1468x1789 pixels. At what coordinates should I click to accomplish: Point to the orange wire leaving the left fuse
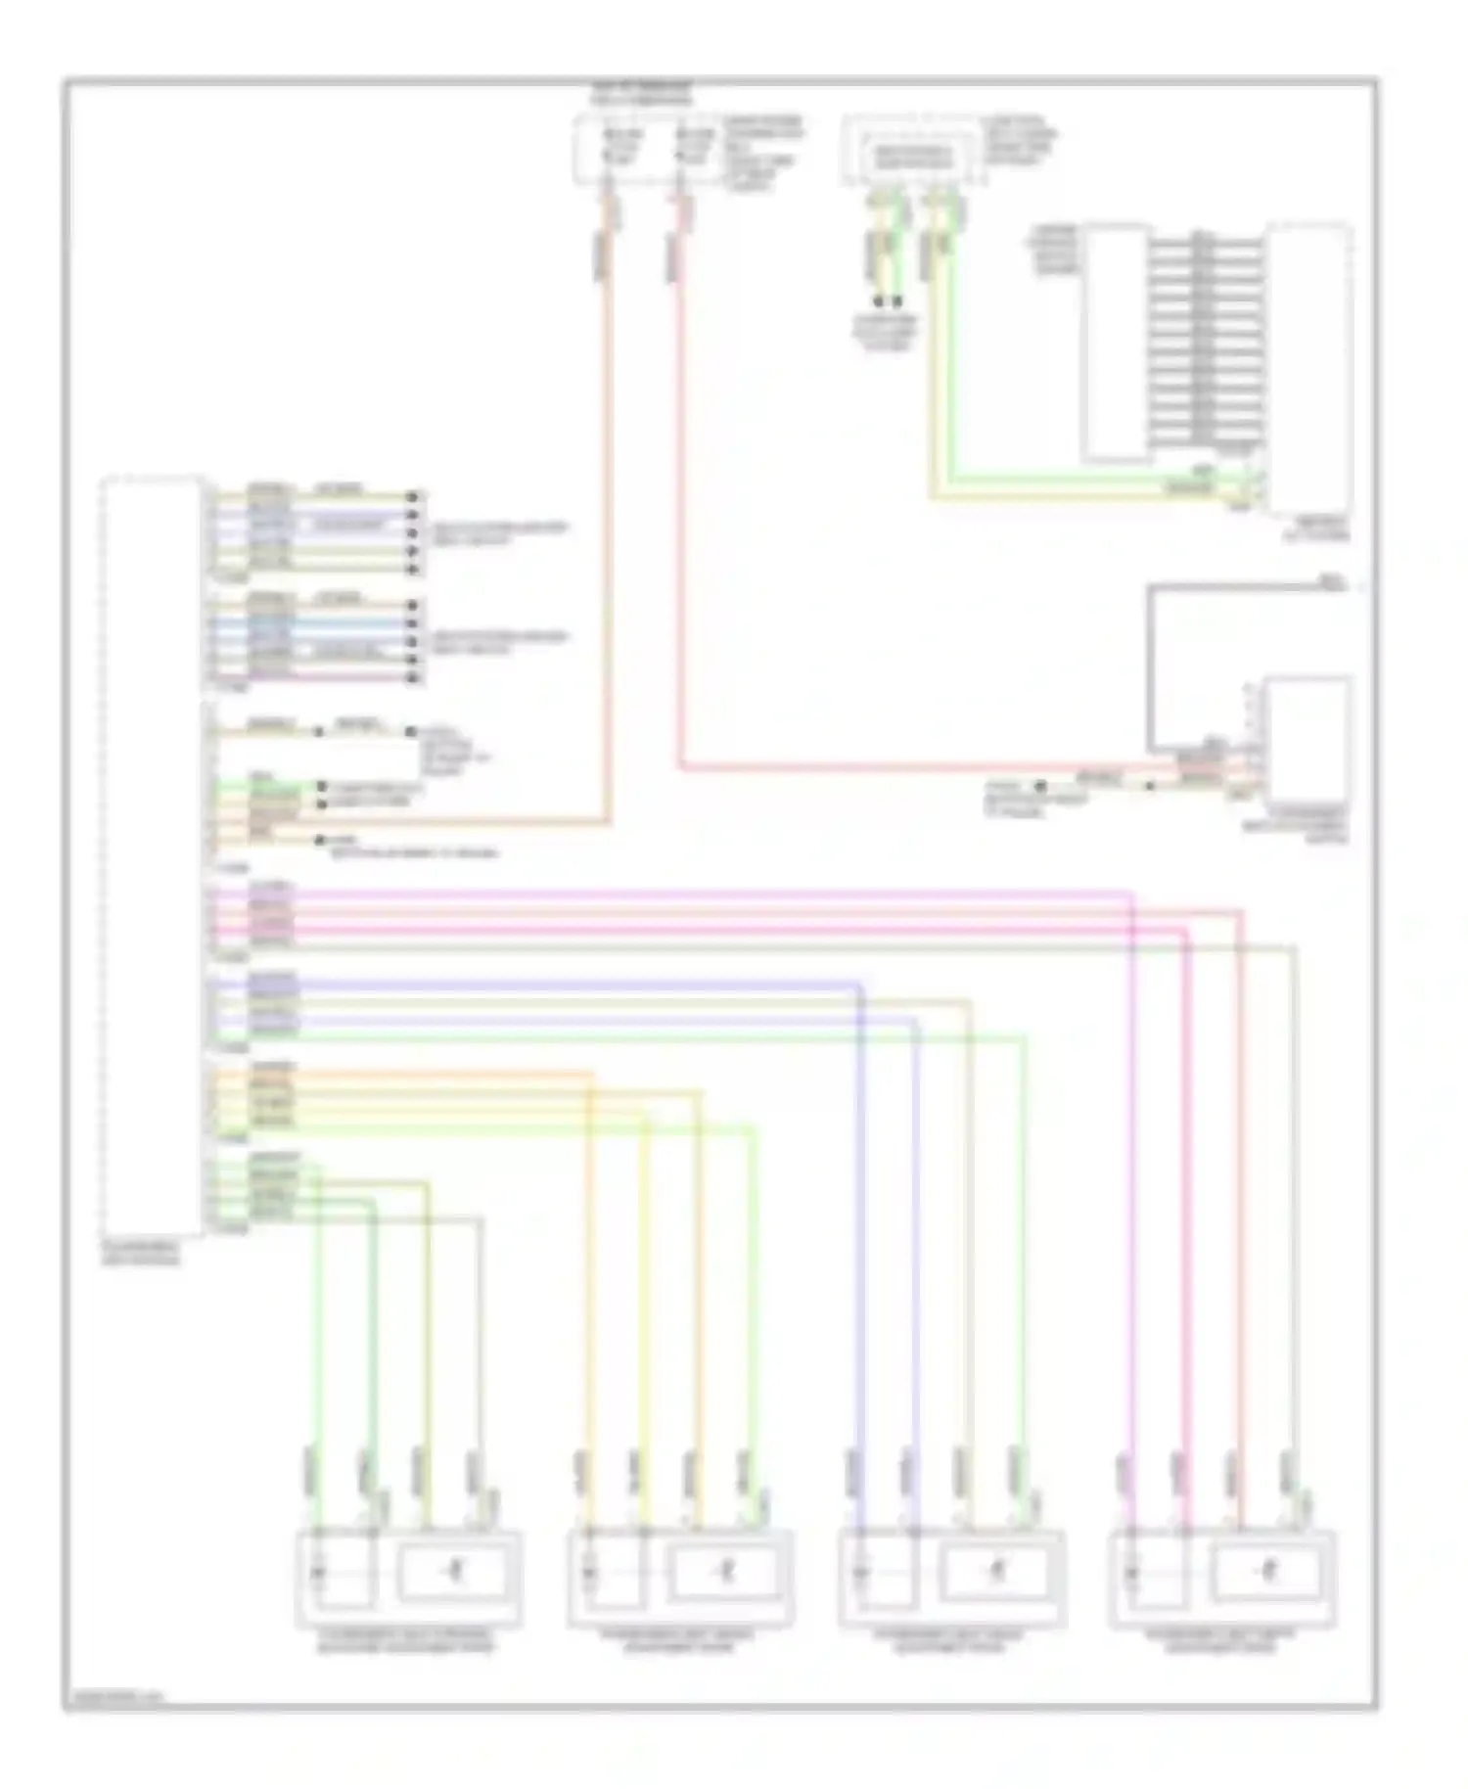point(608,489)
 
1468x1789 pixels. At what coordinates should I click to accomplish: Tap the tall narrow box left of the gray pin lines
point(1116,343)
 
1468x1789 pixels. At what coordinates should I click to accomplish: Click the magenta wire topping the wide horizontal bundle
point(685,892)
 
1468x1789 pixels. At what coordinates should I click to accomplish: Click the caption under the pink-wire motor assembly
point(1222,1641)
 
